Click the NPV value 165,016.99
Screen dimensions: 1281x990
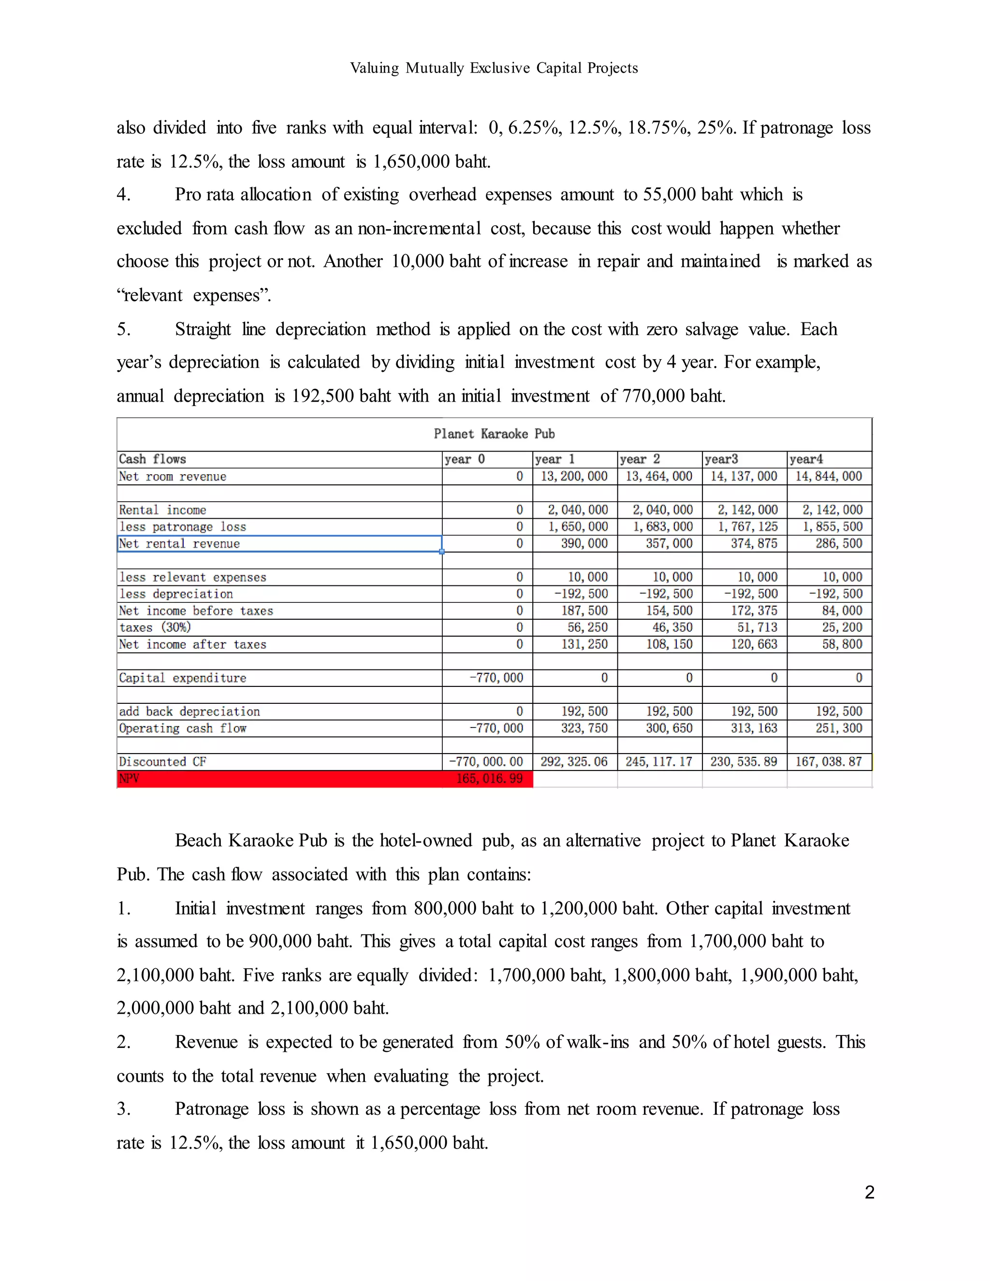489,778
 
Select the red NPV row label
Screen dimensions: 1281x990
130,778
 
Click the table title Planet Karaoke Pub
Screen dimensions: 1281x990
494,434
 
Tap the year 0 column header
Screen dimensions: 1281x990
465,459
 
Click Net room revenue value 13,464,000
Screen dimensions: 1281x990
659,476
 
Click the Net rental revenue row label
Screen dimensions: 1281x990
179,544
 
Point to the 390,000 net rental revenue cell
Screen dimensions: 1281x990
583,544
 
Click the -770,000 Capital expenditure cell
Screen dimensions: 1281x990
496,678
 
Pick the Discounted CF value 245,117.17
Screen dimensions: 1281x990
659,762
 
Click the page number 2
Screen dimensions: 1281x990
869,1193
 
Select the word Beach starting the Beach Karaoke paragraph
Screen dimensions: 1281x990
198,841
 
